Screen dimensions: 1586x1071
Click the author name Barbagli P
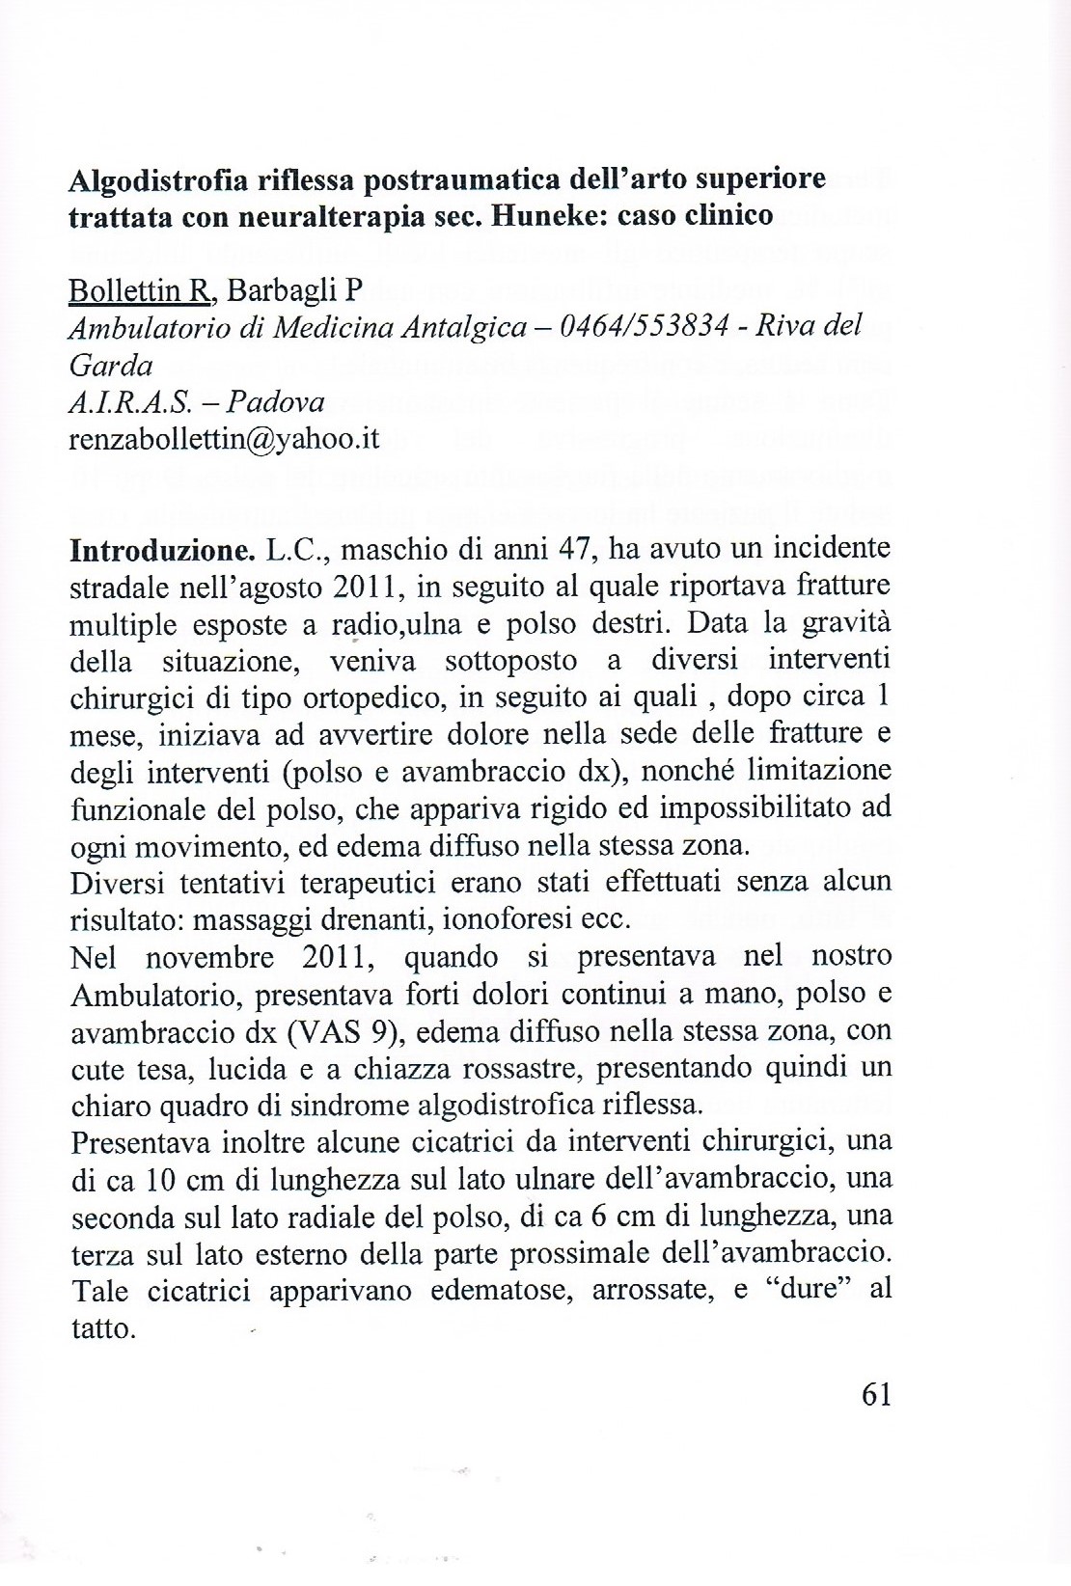[292, 290]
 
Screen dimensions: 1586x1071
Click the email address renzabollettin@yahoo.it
[225, 439]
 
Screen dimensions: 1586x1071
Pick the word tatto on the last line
[102, 1328]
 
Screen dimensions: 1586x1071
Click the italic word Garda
[111, 365]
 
